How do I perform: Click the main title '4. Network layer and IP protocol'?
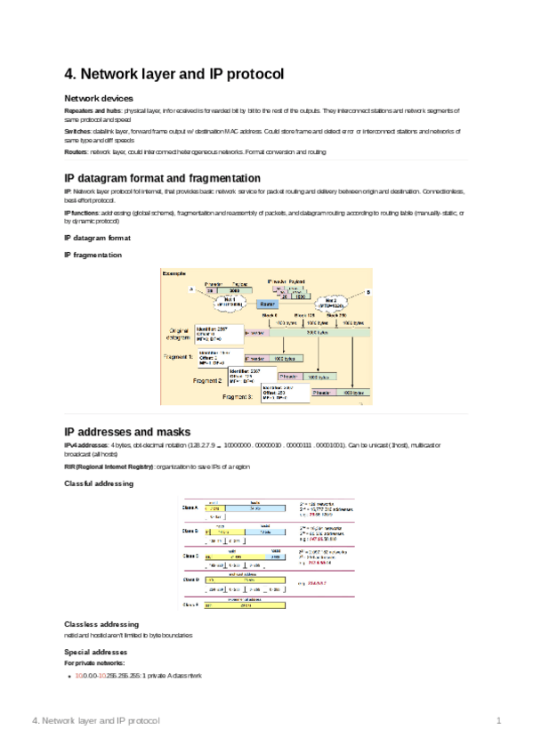pyautogui.click(x=174, y=76)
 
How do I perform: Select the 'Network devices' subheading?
pyautogui.click(x=99, y=98)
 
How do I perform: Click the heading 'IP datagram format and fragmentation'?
pyautogui.click(x=162, y=178)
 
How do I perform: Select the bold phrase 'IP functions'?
pyautogui.click(x=81, y=213)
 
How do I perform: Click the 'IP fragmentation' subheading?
pyautogui.click(x=93, y=255)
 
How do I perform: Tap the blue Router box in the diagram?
pyautogui.click(x=268, y=304)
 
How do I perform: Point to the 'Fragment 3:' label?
pyautogui.click(x=239, y=396)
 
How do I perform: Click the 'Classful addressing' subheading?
pyautogui.click(x=99, y=483)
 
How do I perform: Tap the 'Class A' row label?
pyautogui.click(x=190, y=507)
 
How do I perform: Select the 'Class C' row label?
pyautogui.click(x=190, y=556)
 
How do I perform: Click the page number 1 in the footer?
pyautogui.click(x=499, y=719)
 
